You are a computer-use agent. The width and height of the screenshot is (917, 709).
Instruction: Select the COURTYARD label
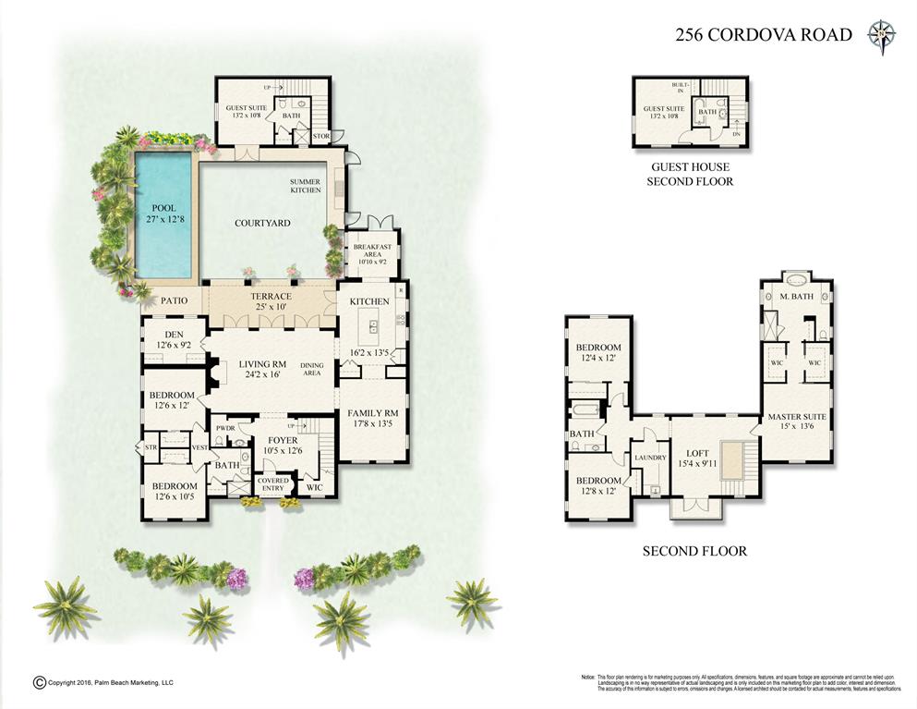point(262,223)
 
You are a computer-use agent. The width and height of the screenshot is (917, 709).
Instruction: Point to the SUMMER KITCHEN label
point(306,186)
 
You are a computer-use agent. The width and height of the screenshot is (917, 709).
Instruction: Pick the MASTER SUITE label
point(797,422)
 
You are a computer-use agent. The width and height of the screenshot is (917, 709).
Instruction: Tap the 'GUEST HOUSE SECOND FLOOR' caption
point(692,175)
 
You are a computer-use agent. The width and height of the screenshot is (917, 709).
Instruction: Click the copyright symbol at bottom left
point(39,682)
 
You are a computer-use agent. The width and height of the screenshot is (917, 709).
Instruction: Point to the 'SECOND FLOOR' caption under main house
point(694,552)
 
